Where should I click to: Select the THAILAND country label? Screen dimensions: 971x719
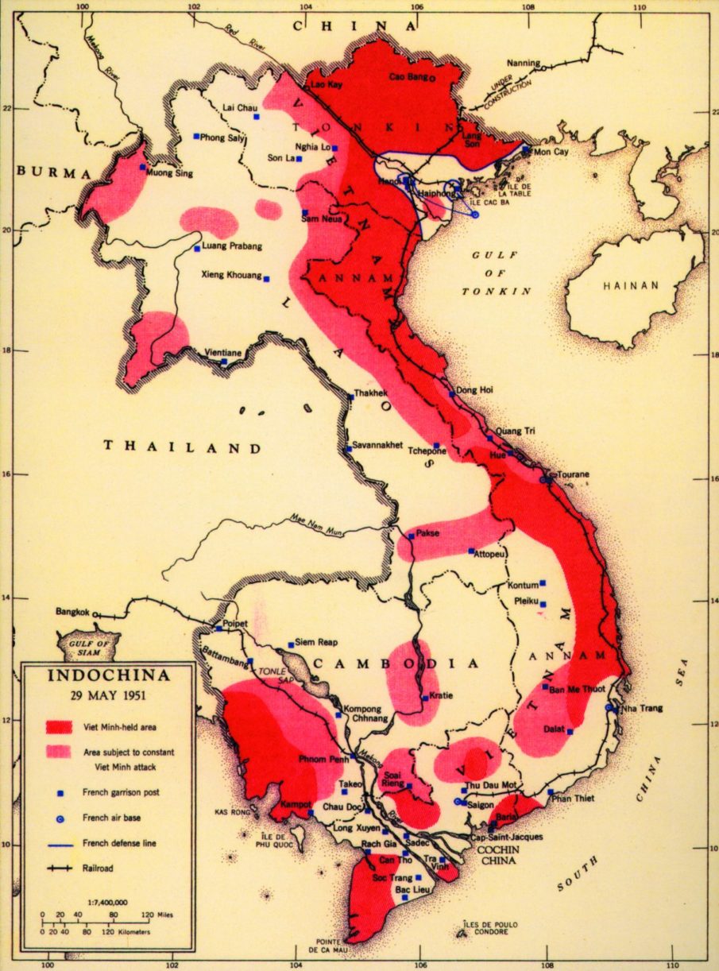pos(182,447)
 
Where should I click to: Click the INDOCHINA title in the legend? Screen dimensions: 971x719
pos(109,676)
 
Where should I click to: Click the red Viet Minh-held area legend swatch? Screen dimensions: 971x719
pos(60,726)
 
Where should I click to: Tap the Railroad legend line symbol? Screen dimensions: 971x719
pos(60,868)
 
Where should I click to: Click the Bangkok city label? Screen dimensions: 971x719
pos(73,612)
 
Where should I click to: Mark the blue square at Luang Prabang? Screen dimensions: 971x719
pos(197,249)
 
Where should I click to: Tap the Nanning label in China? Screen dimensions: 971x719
pos(523,64)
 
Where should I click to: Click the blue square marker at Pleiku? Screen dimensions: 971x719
pos(543,604)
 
